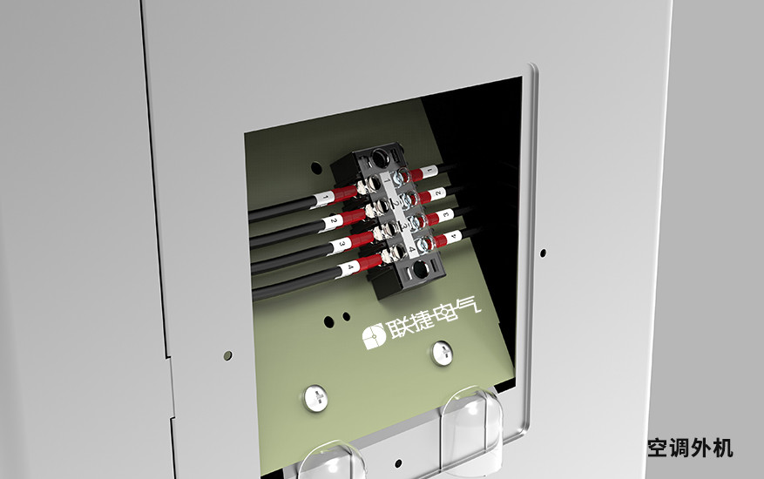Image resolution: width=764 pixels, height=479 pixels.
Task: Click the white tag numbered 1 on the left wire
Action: [x=325, y=199]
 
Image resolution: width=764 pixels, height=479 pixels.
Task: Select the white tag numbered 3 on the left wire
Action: [x=341, y=245]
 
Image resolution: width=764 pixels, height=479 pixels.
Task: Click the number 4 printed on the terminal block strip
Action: [x=412, y=249]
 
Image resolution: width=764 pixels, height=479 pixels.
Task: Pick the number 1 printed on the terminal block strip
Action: [x=388, y=180]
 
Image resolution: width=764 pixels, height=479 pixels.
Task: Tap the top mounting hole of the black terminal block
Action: [x=380, y=158]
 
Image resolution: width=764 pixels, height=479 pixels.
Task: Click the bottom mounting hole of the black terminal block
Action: [x=420, y=269]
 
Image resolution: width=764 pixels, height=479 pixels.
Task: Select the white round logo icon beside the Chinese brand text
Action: [x=374, y=336]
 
